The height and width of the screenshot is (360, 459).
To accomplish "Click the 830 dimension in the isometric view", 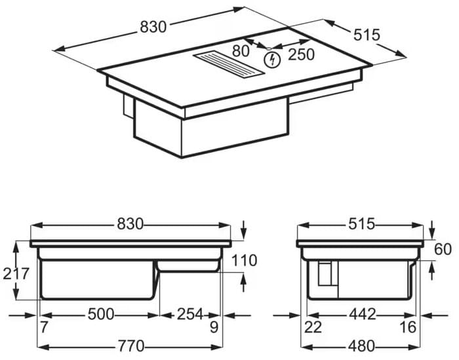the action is pyautogui.click(x=153, y=27).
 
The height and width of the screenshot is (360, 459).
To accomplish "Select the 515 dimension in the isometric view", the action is pyautogui.click(x=367, y=35).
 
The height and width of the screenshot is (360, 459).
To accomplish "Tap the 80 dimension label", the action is pyautogui.click(x=241, y=51).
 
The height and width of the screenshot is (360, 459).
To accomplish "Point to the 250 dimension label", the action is pyautogui.click(x=301, y=54).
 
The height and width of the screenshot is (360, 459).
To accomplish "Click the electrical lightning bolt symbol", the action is pyautogui.click(x=273, y=60).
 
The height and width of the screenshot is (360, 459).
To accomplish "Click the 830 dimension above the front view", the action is pyautogui.click(x=130, y=224).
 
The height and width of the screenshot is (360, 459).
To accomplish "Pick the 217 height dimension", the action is pyautogui.click(x=16, y=274).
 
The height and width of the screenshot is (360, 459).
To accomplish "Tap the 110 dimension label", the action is pyautogui.click(x=244, y=260).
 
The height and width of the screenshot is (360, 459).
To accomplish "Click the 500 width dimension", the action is pyautogui.click(x=101, y=314).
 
